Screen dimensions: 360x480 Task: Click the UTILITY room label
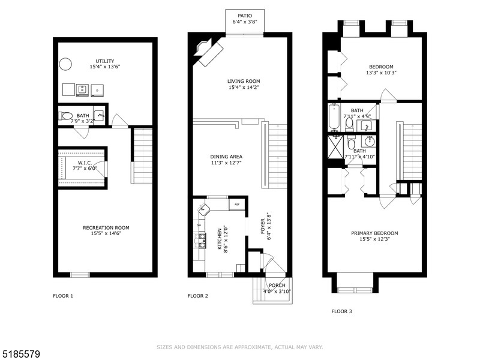click(105, 61)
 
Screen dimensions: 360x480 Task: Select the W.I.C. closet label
click(84, 163)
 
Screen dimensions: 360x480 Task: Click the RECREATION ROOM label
click(106, 227)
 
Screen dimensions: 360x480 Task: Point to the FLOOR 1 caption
click(63, 296)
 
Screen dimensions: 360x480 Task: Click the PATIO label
click(245, 16)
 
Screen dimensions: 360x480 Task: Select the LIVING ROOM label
click(243, 81)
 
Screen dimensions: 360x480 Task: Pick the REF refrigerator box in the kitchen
click(237, 205)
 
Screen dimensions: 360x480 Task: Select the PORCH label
click(277, 285)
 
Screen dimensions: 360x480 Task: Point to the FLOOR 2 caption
click(198, 296)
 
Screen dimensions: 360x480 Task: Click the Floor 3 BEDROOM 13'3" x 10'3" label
click(381, 66)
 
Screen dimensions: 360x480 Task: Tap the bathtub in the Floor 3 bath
click(334, 118)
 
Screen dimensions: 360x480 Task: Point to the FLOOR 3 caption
click(342, 311)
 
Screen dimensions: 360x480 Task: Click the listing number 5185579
click(22, 355)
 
